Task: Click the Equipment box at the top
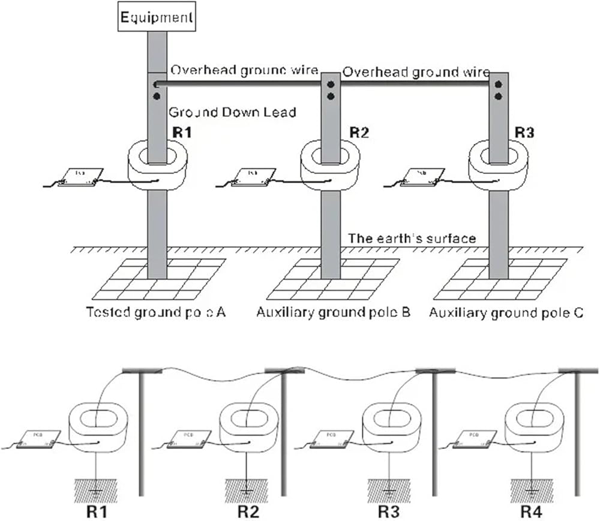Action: click(x=157, y=17)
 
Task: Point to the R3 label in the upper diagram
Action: click(x=524, y=132)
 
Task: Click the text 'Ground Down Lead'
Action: click(x=232, y=112)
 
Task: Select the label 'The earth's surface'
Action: click(x=412, y=239)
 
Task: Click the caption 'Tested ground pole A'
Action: click(x=155, y=313)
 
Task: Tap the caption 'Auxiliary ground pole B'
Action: click(x=333, y=313)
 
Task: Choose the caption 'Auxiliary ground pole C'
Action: click(x=506, y=313)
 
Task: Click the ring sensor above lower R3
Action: click(x=390, y=426)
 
